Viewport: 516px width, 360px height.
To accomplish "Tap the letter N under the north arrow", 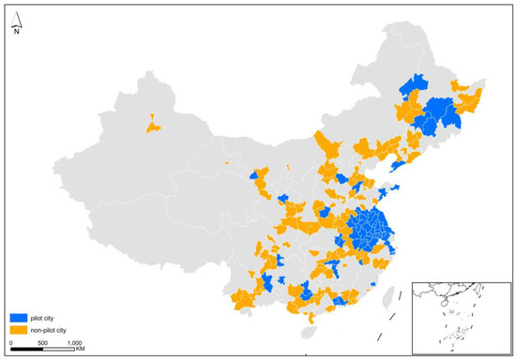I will point(17,32).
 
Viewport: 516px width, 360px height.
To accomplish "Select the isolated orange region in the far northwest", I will point(150,122).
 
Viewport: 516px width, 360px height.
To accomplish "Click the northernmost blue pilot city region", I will point(413,85).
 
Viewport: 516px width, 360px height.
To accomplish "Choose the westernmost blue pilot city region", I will point(254,175).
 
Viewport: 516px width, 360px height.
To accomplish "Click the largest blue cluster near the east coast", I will point(371,230).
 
